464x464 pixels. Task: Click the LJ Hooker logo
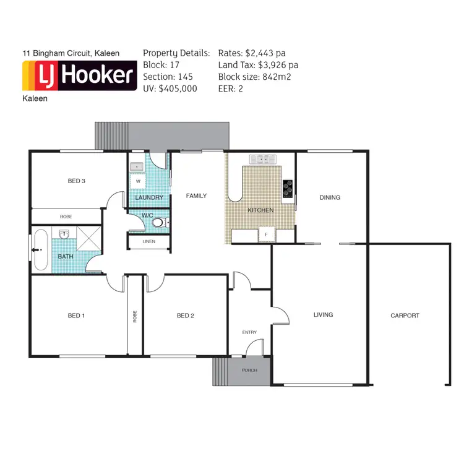click(x=79, y=75)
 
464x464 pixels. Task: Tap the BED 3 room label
click(x=76, y=181)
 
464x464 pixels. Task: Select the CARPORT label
click(x=405, y=316)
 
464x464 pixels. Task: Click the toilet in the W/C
click(x=158, y=223)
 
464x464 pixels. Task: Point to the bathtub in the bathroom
click(x=41, y=250)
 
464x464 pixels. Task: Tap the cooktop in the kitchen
click(x=288, y=188)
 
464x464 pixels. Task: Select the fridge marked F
click(x=266, y=235)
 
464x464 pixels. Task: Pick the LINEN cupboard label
click(x=148, y=241)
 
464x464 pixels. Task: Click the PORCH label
click(x=249, y=370)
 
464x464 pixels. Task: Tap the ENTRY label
click(x=249, y=333)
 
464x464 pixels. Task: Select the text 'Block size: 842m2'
click(x=254, y=77)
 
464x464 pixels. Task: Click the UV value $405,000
click(x=178, y=88)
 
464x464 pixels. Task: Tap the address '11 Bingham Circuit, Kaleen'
click(x=71, y=54)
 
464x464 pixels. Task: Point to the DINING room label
click(x=330, y=198)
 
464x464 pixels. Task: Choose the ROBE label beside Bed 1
click(x=134, y=316)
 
